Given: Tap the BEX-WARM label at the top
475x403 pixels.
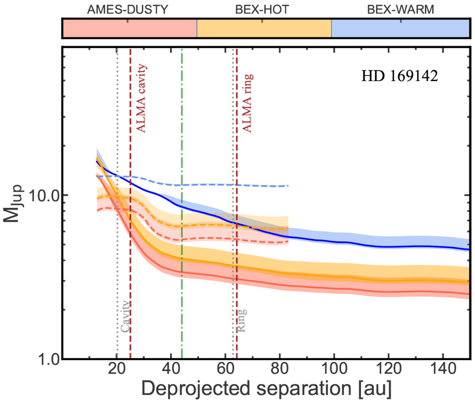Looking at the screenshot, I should coord(400,10).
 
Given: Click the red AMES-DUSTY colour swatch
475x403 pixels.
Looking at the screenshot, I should coord(130,29).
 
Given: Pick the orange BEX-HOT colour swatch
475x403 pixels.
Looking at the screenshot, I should coord(264,29).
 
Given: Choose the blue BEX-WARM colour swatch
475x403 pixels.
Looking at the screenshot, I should coord(400,29).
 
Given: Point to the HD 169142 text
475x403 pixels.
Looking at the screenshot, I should coord(399,76).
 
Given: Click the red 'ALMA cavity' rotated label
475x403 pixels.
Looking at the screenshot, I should coord(141,98).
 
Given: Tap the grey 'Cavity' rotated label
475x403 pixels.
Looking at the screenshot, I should coord(125,317).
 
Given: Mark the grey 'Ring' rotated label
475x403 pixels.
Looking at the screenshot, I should coord(241,320).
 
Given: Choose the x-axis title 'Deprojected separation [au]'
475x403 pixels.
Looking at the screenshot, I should coord(266,390).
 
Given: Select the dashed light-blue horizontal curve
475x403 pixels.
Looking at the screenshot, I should coord(222,185).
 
